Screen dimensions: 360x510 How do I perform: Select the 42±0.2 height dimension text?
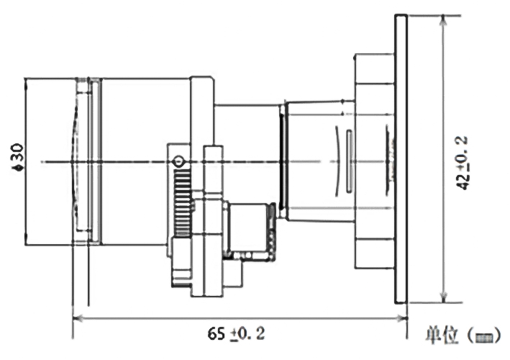(x=465, y=163)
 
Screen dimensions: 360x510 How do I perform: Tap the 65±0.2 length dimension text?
(x=237, y=334)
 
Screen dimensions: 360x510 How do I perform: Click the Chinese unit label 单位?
(x=440, y=335)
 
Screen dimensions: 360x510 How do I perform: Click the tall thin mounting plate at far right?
(x=401, y=158)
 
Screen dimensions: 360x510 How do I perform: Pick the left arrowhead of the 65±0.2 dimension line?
(x=77, y=317)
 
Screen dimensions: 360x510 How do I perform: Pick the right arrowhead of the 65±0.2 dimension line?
(x=404, y=317)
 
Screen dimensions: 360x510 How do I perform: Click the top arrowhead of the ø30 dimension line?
(x=25, y=81)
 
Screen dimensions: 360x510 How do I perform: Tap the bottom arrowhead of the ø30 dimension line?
(x=25, y=240)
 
